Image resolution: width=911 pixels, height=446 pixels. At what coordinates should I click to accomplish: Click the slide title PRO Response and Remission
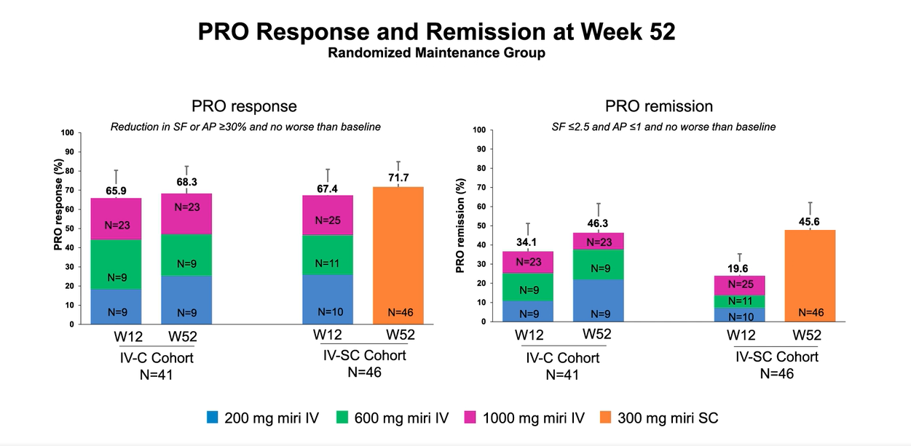436,32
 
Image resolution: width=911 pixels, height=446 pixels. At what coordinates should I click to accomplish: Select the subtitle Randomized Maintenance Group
436,53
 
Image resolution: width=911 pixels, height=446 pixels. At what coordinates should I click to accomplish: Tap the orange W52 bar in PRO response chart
398,255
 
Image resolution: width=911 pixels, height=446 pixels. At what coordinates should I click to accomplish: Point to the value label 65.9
116,191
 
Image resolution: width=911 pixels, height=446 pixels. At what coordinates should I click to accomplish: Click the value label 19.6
739,268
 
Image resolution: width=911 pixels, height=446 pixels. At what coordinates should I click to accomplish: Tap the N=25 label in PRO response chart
328,220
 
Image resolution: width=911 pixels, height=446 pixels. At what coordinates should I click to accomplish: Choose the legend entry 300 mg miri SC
659,418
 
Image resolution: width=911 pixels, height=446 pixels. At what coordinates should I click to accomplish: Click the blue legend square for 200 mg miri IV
213,418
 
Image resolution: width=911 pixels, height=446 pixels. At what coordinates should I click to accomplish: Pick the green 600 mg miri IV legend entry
393,418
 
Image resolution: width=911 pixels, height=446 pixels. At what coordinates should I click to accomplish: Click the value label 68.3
186,182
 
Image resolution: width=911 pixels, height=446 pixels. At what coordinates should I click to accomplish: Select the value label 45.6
810,222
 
